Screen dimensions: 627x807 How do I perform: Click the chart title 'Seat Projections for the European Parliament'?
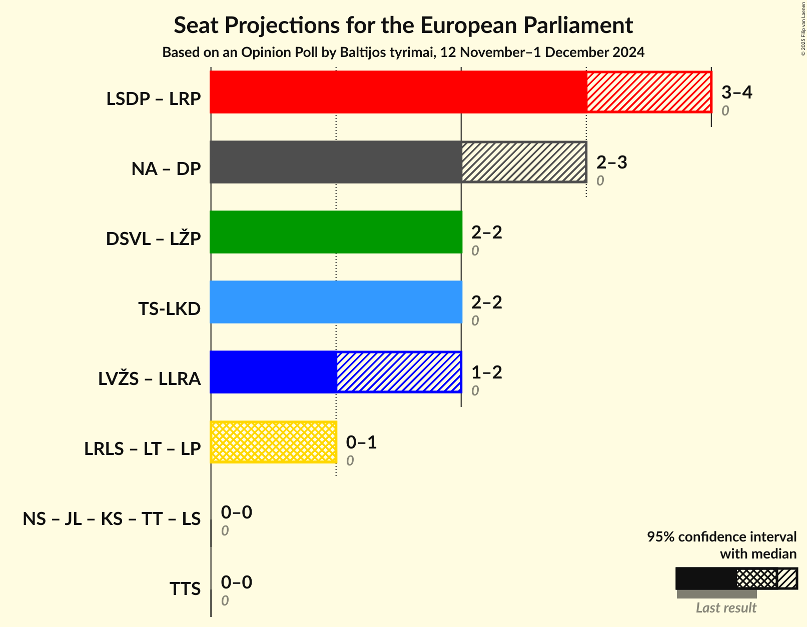click(x=403, y=25)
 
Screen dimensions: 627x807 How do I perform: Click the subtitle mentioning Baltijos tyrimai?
click(x=403, y=52)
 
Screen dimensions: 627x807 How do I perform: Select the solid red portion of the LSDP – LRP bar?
click(x=398, y=92)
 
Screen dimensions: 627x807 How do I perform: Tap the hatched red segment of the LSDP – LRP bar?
click(x=649, y=92)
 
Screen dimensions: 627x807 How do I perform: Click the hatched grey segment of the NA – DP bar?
click(x=524, y=162)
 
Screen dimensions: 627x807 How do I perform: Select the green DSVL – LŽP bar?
click(x=336, y=232)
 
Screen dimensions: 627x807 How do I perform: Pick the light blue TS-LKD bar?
click(x=336, y=302)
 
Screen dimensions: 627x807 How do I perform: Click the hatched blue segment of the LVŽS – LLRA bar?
click(x=399, y=372)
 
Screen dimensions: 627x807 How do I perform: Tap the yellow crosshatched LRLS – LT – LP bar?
click(x=273, y=442)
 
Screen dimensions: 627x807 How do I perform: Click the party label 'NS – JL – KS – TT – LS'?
click(x=112, y=519)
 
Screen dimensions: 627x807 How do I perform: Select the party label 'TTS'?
click(x=185, y=589)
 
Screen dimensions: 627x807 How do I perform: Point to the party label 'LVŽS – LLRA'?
click(x=150, y=379)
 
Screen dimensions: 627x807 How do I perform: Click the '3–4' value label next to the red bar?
click(x=736, y=92)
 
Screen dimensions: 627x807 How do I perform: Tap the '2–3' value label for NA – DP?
click(x=611, y=162)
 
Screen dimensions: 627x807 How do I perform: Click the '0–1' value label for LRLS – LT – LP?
click(x=361, y=442)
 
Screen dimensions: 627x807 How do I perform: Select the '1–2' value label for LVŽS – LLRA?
click(x=486, y=372)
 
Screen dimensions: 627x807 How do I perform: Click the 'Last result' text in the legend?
click(x=726, y=607)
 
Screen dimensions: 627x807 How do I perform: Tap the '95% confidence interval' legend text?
click(x=721, y=537)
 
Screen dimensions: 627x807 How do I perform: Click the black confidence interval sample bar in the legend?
click(x=705, y=578)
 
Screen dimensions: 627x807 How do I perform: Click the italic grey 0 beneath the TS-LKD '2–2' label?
click(x=475, y=320)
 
